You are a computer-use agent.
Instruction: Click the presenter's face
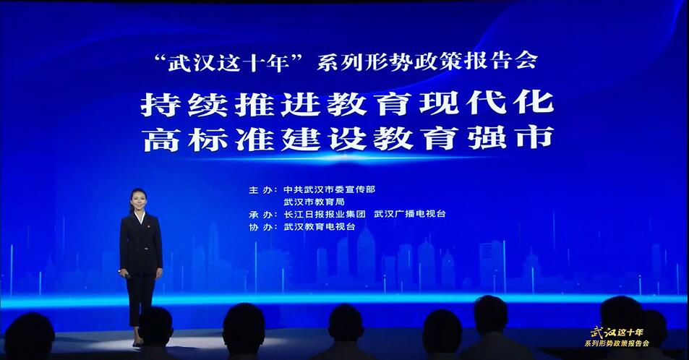[x=138, y=202]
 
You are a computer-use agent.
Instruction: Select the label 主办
[x=260, y=190]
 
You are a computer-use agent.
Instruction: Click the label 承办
[x=260, y=214]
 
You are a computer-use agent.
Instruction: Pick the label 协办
[x=260, y=227]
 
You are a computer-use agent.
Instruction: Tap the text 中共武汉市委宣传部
[x=329, y=189]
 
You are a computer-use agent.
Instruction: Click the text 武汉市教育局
[x=314, y=202]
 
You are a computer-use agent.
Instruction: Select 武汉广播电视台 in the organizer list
[x=409, y=214]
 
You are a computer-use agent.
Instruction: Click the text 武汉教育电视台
[x=319, y=227]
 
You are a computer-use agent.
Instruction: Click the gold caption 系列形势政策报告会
[x=617, y=343]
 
